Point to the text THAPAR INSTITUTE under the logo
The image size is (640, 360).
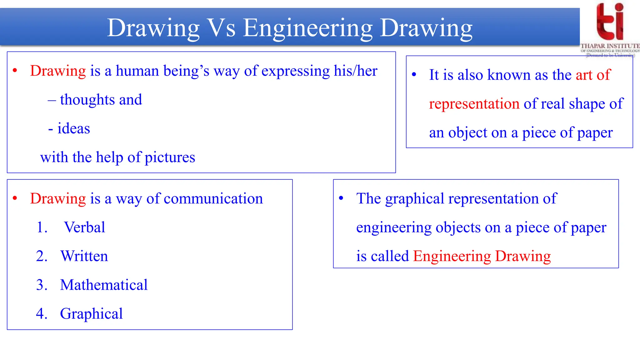click(610, 46)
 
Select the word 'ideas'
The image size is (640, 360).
click(74, 128)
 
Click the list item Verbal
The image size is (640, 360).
click(84, 227)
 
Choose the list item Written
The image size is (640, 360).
click(84, 256)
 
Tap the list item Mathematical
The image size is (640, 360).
click(104, 285)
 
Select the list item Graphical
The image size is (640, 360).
click(91, 314)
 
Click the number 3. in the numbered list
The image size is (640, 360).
click(42, 285)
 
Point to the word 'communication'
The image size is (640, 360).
click(213, 199)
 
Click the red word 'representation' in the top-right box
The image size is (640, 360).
click(474, 104)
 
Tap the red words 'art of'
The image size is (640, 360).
click(593, 75)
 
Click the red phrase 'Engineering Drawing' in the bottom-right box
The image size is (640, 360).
click(482, 256)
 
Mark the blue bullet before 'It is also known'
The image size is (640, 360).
click(414, 75)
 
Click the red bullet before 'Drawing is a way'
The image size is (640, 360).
click(15, 198)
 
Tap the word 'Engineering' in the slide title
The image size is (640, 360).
click(307, 28)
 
